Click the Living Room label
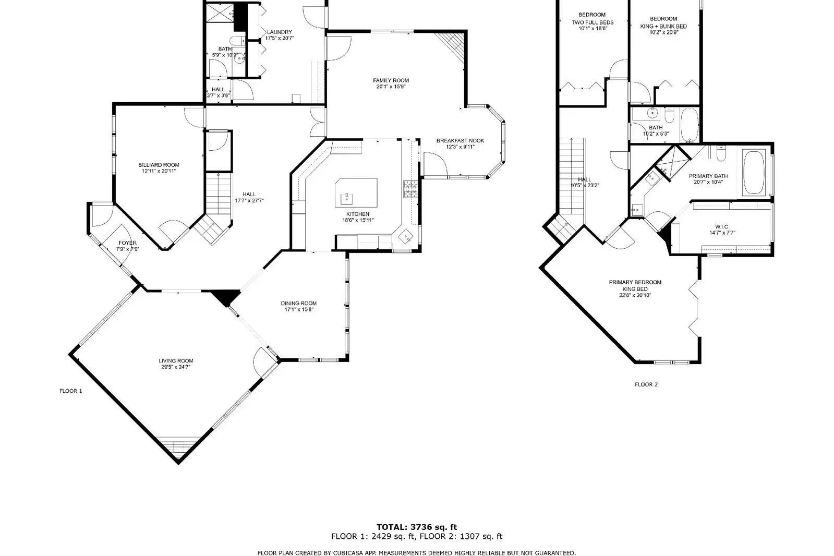176,360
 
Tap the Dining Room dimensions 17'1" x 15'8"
298,309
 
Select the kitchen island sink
346,197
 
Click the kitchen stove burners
410,189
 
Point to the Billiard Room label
159,165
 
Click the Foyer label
127,243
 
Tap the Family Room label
391,80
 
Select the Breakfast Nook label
460,140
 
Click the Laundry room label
279,32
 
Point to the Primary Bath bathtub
754,172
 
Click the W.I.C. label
722,226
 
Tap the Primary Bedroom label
635,282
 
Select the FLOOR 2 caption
646,384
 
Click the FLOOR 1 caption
71,391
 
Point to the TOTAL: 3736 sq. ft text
417,527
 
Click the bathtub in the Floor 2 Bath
690,125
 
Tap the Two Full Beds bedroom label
593,22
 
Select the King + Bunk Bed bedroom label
663,26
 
